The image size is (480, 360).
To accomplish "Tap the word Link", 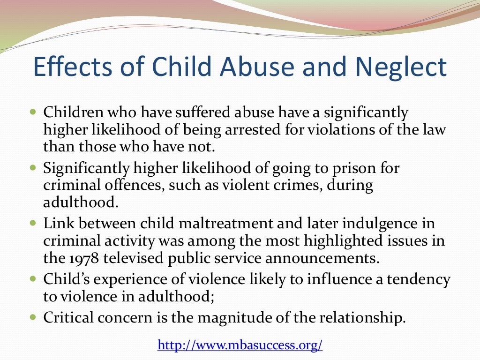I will [54, 223].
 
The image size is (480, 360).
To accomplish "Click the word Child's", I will [67, 279].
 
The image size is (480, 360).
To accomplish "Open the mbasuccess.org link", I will [240, 345].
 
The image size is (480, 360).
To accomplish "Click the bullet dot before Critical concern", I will [32, 317].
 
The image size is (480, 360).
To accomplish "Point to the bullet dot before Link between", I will [32, 222].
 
